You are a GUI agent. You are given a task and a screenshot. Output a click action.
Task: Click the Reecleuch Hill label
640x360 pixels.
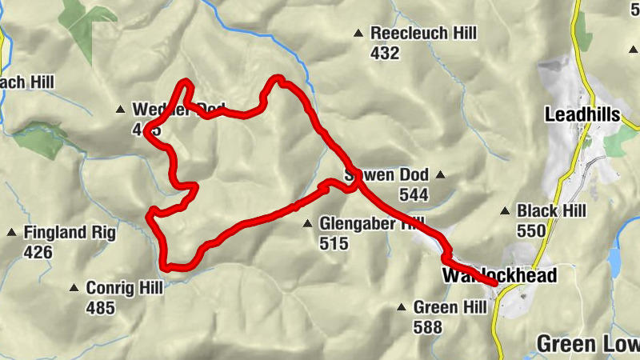[424, 34]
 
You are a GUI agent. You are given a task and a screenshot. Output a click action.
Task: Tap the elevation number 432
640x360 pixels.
[385, 54]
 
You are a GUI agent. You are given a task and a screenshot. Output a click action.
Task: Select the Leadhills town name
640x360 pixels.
[582, 114]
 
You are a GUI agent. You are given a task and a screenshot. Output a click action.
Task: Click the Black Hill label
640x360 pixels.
[551, 210]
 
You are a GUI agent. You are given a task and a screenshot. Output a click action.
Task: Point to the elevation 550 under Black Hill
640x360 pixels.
[531, 231]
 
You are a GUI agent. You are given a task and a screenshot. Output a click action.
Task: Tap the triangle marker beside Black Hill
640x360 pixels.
[505, 211]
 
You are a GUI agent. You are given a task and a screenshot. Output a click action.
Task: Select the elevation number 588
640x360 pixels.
[428, 327]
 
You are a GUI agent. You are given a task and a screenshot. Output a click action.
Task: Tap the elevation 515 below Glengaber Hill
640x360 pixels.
[334, 243]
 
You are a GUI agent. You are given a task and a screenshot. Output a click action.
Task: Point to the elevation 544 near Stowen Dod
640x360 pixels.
[416, 194]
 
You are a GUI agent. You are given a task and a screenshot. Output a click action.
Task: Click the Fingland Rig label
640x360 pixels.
[70, 233]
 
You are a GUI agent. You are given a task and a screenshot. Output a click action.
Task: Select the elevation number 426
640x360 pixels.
[38, 253]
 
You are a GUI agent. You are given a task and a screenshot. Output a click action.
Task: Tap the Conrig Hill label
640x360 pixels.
[123, 287]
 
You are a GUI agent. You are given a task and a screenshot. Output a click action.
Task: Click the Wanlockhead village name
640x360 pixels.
[498, 275]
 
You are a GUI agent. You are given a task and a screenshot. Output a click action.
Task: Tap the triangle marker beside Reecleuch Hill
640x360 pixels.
[358, 34]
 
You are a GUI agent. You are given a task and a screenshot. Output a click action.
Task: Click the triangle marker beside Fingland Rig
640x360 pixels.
[12, 233]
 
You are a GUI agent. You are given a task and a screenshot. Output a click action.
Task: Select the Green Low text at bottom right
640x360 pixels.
[587, 344]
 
